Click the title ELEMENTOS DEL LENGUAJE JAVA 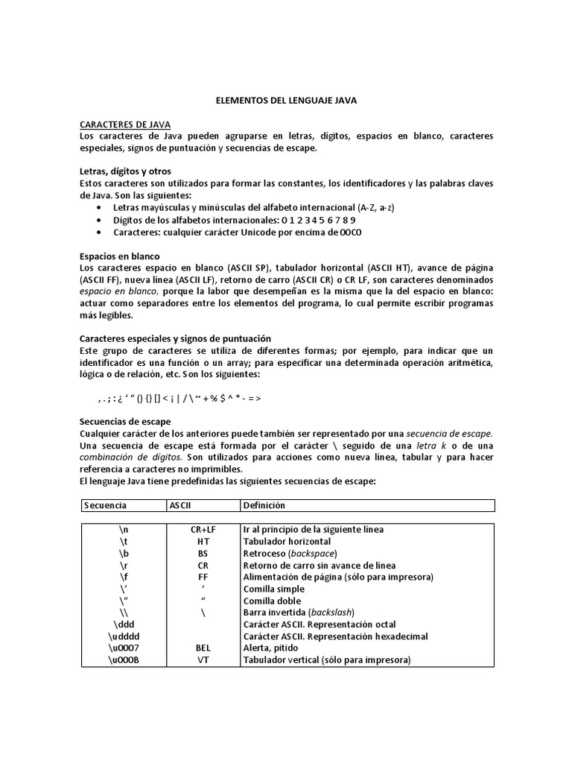click(286, 98)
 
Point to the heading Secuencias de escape click(125, 422)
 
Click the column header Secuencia click(106, 505)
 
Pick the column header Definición click(264, 505)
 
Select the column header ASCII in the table click(181, 505)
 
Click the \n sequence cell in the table click(123, 529)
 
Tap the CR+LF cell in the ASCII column click(203, 529)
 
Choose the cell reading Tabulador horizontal click(287, 541)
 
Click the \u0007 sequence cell click(123, 648)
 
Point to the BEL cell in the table click(203, 648)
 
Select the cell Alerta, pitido click(275, 648)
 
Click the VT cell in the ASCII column click(203, 660)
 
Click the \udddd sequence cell click(123, 636)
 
